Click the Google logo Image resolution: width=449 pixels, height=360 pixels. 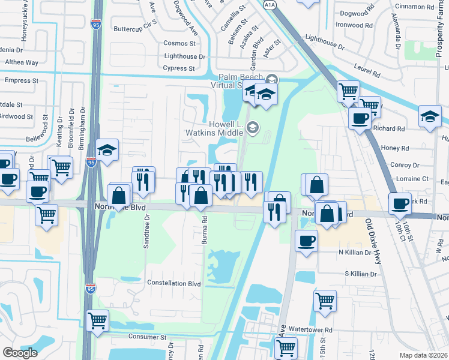20,353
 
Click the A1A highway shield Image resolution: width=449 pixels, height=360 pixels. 269,4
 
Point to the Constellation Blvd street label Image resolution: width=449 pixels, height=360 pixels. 173,283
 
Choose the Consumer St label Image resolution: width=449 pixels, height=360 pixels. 146,338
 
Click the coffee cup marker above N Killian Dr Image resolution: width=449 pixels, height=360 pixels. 307,241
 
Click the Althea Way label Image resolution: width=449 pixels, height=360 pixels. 22,62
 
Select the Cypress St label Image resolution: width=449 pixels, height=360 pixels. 179,68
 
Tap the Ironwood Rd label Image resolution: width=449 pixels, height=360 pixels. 358,25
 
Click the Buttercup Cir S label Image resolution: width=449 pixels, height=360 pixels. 135,29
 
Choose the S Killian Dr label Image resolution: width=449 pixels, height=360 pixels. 360,274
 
